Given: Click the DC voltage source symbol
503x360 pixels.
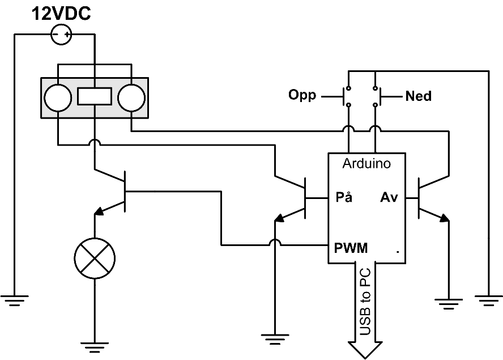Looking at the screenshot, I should click(62, 36).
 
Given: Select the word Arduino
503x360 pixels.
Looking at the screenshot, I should click(366, 164).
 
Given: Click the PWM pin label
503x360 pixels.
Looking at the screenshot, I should click(350, 248).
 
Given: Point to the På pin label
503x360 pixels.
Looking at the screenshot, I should click(344, 198).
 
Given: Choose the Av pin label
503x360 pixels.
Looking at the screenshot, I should click(389, 198).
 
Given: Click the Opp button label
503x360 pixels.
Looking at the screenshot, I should click(302, 95).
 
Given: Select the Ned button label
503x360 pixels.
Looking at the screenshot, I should click(418, 96).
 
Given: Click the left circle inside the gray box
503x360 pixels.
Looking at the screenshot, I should click(58, 98).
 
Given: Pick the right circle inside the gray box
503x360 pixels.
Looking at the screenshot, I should click(131, 98).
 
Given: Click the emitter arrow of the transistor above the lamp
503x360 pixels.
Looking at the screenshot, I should click(100, 212).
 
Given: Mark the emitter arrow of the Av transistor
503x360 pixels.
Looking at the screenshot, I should click(444, 217).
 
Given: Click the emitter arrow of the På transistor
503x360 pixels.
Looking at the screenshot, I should click(279, 219).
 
